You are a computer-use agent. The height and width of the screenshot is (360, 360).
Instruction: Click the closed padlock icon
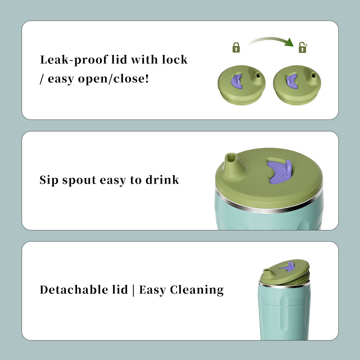pyautogui.click(x=236, y=48)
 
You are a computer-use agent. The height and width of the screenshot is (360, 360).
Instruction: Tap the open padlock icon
pyautogui.click(x=303, y=48)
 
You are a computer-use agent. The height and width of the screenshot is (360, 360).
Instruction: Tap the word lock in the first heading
pyautogui.click(x=175, y=59)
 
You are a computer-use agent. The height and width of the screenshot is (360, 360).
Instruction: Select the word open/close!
pyautogui.click(x=113, y=79)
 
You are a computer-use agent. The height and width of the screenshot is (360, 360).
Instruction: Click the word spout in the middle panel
pyautogui.click(x=79, y=180)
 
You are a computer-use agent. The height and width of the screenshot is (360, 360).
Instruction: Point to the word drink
pyautogui.click(x=162, y=180)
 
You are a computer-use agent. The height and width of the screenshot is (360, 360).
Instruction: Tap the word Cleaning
pyautogui.click(x=197, y=290)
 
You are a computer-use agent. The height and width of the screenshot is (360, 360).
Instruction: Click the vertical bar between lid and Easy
pyautogui.click(x=134, y=290)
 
